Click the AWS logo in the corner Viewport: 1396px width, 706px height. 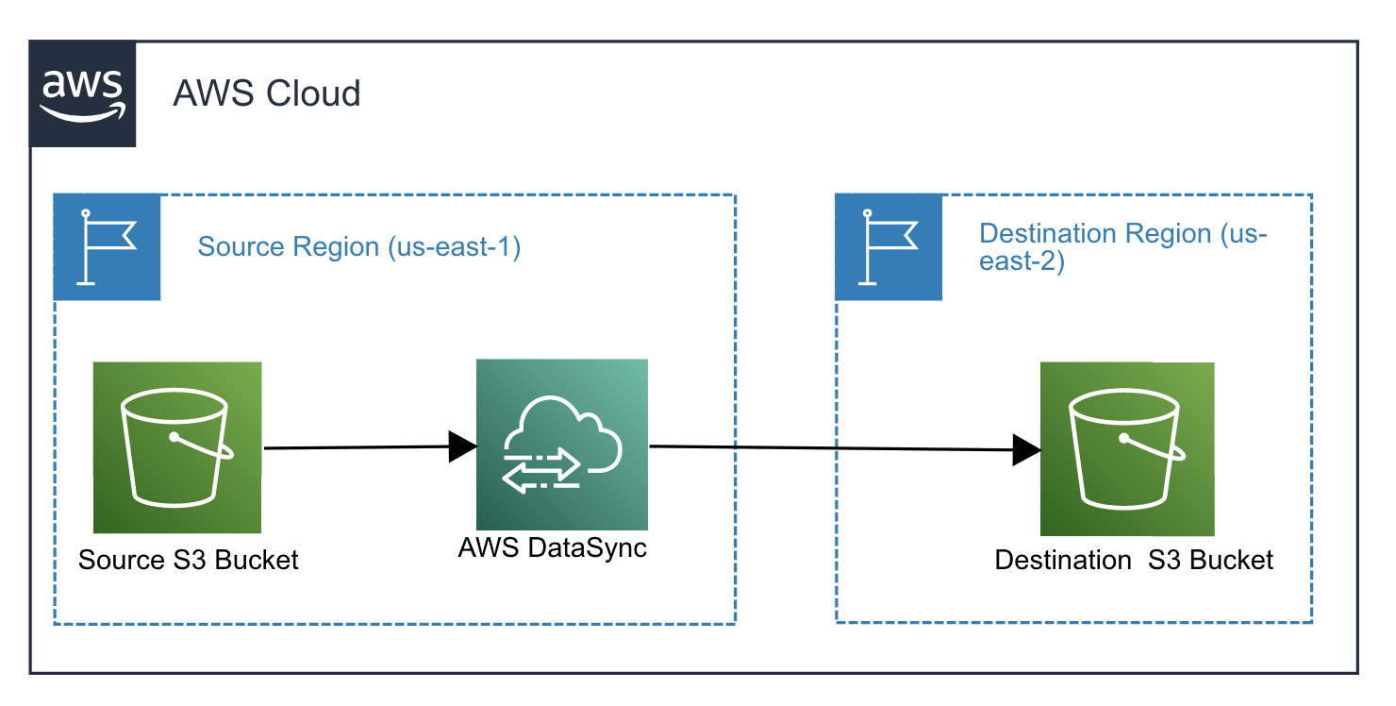coord(82,93)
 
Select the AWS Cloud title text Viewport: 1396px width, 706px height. coord(266,93)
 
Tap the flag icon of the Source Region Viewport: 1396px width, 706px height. coord(107,247)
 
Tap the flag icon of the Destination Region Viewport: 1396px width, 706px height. coord(889,247)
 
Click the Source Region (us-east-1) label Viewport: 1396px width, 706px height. coord(358,247)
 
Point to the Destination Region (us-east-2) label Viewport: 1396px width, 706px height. coord(1122,246)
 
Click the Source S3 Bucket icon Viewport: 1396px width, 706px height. coord(177,447)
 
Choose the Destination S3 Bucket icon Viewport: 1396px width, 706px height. coord(1126,449)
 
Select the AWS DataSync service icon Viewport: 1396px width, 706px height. coord(562,445)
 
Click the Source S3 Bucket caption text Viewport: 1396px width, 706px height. coord(188,560)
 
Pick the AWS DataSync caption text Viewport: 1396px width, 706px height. coord(553,547)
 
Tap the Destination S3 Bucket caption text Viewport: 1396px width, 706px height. coord(1134,560)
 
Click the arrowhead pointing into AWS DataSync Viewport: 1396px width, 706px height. coord(462,447)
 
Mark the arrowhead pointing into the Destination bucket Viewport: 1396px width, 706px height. coord(1026,450)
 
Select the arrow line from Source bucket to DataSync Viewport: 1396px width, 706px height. coord(358,447)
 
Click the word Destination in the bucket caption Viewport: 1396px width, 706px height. coord(1063,560)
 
